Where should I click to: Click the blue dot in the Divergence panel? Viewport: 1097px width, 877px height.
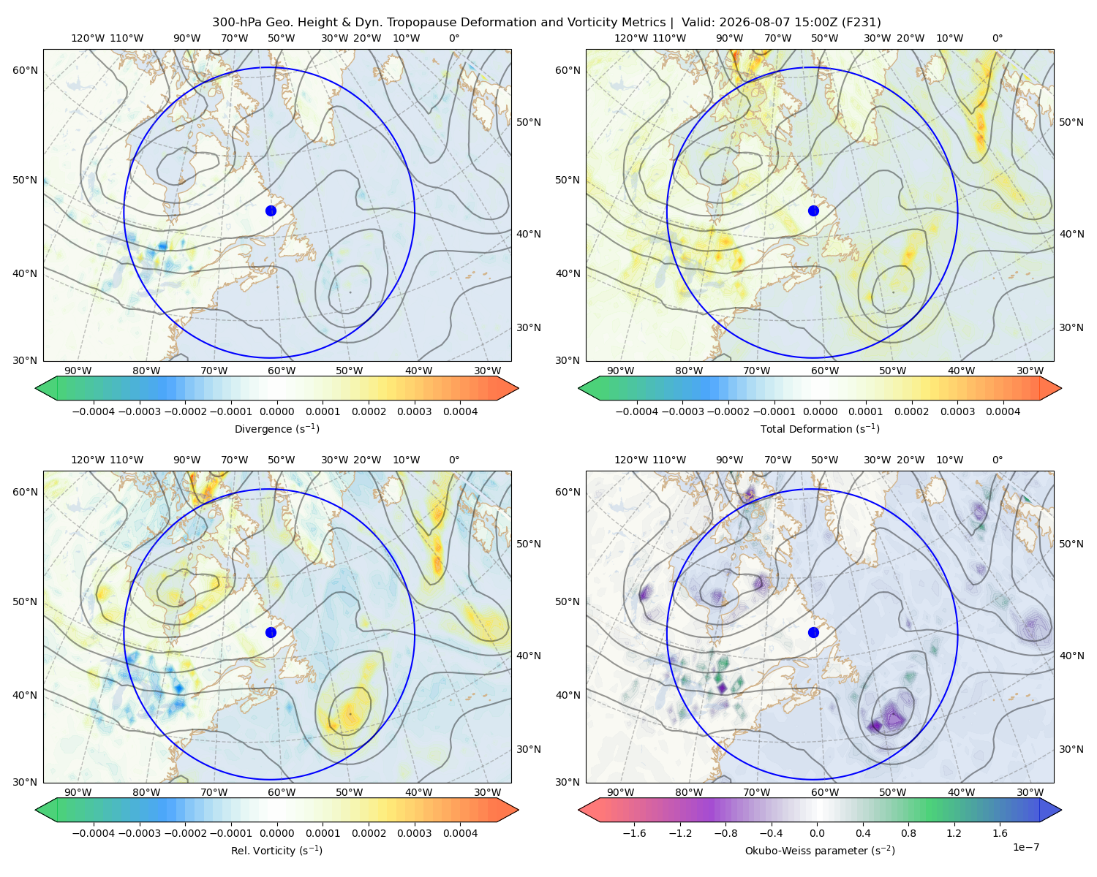click(x=271, y=211)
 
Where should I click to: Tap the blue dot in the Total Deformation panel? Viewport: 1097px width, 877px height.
click(x=813, y=211)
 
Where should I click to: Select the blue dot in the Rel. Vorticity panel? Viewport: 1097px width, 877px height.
click(x=271, y=632)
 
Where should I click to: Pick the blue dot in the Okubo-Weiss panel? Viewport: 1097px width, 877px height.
click(x=813, y=632)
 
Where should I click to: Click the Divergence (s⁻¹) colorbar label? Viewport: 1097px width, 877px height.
click(x=276, y=429)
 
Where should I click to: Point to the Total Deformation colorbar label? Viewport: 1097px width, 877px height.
click(x=820, y=429)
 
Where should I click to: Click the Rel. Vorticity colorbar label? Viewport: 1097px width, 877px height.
click(x=276, y=851)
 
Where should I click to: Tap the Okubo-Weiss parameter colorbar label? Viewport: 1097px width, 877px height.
click(x=820, y=851)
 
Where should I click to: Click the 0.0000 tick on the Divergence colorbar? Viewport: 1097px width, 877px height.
click(x=276, y=411)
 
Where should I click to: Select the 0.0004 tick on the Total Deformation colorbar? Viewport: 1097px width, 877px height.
click(x=1003, y=411)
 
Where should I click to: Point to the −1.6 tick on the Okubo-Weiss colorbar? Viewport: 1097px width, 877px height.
click(x=634, y=833)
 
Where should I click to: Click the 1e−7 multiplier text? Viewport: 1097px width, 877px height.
click(x=1025, y=848)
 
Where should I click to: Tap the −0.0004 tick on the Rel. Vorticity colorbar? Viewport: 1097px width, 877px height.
click(x=94, y=833)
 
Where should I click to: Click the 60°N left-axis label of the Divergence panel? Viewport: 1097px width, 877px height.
click(x=25, y=70)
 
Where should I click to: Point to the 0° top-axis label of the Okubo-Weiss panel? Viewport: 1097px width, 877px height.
click(x=997, y=460)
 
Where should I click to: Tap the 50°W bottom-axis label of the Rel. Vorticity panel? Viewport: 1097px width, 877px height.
click(x=349, y=792)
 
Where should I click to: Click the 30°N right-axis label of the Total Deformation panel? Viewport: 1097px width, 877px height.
click(x=1071, y=327)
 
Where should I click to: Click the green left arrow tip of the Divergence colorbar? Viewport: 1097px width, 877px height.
click(x=36, y=388)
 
